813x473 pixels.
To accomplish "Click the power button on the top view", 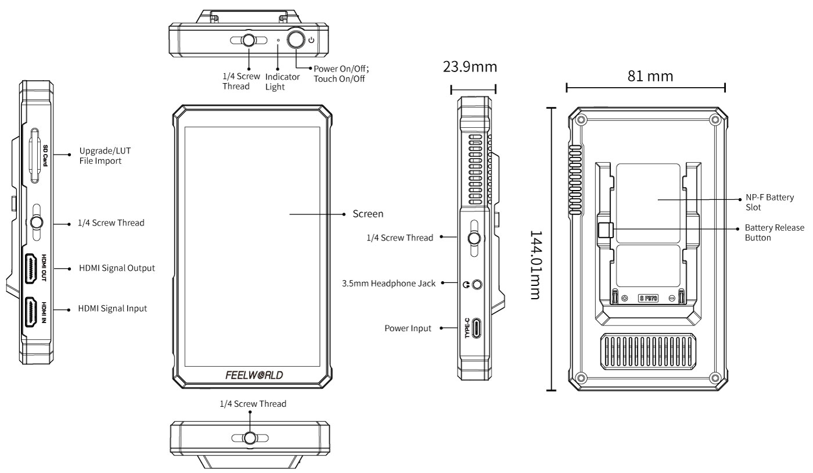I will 296,40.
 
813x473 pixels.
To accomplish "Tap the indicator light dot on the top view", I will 278,41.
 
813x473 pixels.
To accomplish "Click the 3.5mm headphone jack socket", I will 477,285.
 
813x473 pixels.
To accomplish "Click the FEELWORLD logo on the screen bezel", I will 254,375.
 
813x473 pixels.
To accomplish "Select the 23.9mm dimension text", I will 470,67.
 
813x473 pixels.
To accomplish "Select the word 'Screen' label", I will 368,214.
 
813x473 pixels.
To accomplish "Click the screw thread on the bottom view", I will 250,438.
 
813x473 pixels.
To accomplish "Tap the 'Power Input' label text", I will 408,328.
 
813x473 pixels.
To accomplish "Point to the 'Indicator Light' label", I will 282,81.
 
